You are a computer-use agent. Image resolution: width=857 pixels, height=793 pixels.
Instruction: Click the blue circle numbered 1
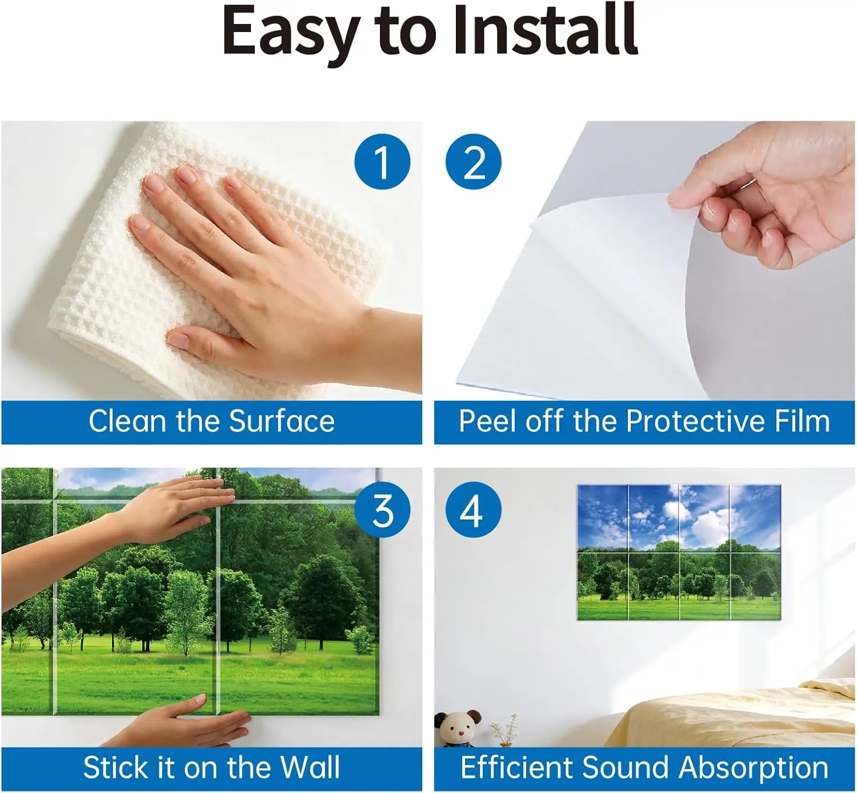382,162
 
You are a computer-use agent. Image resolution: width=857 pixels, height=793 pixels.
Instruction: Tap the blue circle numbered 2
474,162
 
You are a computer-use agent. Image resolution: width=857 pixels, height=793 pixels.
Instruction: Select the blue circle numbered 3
382,510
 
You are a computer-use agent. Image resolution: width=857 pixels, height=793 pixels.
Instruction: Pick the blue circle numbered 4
474,510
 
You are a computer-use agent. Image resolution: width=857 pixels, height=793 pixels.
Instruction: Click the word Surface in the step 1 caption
282,421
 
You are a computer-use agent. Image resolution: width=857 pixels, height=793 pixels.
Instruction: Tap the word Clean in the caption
127,421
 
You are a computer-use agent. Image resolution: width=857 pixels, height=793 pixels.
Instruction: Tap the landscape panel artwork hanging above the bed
679,552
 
